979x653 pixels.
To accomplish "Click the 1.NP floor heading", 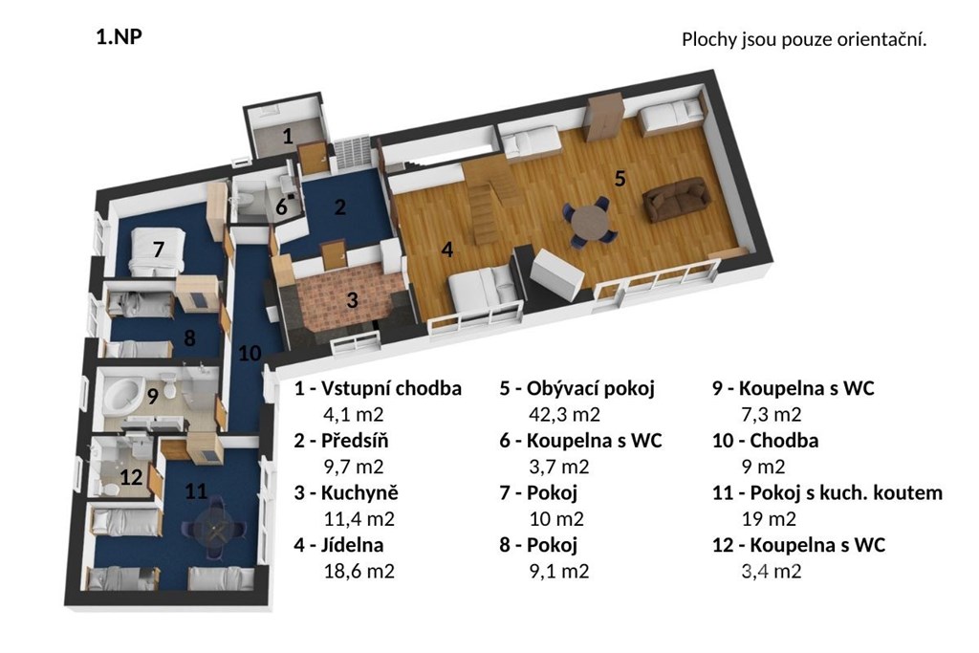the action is point(120,37).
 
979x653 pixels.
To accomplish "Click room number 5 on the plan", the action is point(620,179).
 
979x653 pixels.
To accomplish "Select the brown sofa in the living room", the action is point(677,199).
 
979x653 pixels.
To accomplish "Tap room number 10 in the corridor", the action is point(250,354).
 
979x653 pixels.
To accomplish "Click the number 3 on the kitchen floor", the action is point(352,300).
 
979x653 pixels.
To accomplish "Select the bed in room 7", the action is point(158,251).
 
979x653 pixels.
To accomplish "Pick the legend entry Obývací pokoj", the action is point(591,388).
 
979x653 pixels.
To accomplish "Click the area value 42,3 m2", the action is point(564,415).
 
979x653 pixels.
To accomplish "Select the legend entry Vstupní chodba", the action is point(391,388).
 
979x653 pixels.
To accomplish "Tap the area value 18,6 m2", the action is point(359,571).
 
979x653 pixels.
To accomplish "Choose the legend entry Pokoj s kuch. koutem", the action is point(846,493).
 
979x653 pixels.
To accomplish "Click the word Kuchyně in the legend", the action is point(359,492).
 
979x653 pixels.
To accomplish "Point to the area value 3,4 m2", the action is point(772,571).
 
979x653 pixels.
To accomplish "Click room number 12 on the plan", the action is point(131,478).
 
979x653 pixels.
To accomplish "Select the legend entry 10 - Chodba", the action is point(766,441).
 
